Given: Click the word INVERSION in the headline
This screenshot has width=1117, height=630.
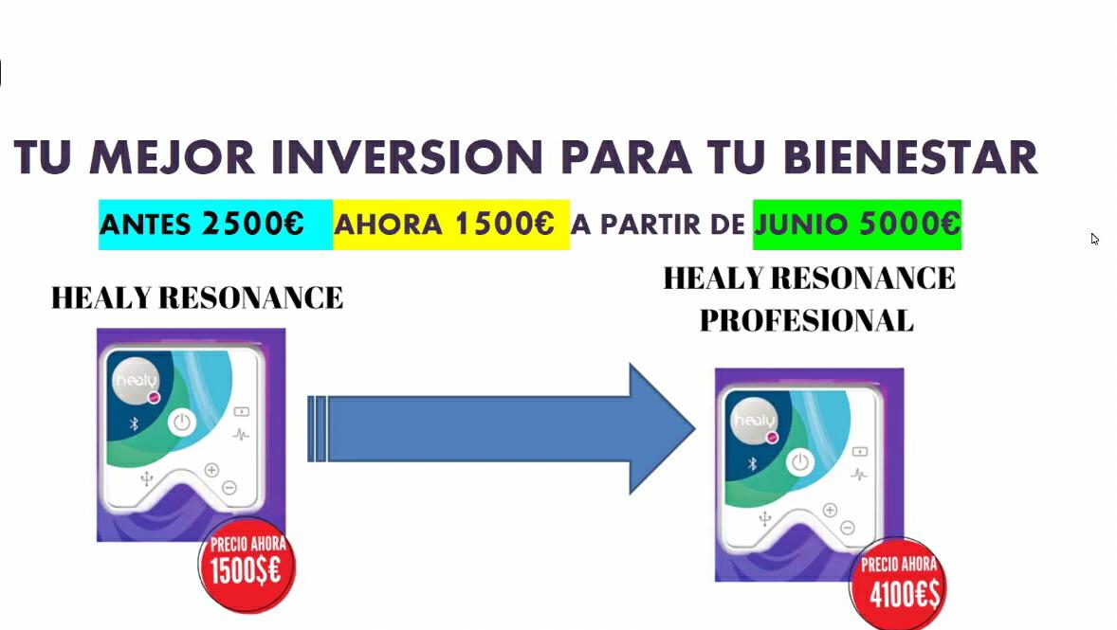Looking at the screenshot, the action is click(x=407, y=156).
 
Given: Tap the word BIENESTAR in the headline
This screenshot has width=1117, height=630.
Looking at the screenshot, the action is click(x=910, y=156).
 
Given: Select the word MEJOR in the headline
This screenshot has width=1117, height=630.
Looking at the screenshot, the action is click(x=173, y=156).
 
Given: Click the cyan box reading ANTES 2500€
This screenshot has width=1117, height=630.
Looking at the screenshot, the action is click(x=215, y=225).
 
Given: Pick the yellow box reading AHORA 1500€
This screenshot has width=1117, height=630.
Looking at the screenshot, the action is click(x=451, y=225).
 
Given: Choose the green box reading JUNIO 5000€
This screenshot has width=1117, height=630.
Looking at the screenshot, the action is click(x=857, y=225).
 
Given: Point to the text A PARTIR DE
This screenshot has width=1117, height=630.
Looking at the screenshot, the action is click(x=657, y=225).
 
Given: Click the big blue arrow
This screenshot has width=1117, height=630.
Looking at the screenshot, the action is click(x=502, y=428).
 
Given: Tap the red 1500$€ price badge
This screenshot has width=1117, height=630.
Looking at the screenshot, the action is click(x=247, y=565).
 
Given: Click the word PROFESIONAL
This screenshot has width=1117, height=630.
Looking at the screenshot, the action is click(x=806, y=321).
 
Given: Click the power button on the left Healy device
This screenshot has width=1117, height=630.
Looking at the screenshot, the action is click(x=182, y=423).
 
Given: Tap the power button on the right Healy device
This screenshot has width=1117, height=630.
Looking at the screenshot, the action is click(x=800, y=462).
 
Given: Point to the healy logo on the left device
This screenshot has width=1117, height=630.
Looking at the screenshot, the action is click(x=136, y=381).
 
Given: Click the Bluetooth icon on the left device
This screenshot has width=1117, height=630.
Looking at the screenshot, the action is click(x=133, y=424).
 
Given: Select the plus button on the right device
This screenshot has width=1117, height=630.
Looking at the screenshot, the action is click(x=830, y=511).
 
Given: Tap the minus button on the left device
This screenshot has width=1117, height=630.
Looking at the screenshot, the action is click(x=229, y=488).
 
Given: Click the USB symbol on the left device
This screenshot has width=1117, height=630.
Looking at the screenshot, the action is click(x=147, y=478).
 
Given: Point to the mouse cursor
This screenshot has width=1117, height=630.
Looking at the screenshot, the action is click(x=1094, y=239).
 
